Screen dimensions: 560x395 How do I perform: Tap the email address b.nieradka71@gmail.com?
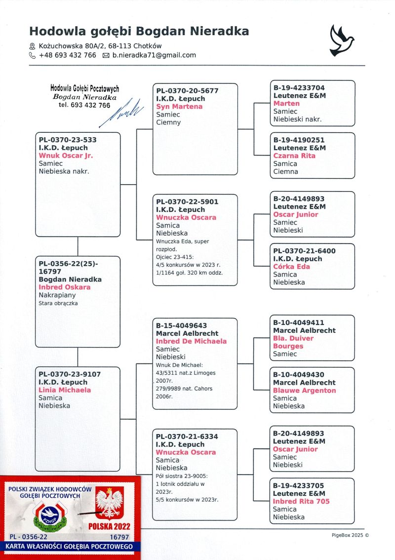[x=154, y=55]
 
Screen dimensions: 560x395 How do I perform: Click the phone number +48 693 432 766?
[x=67, y=55]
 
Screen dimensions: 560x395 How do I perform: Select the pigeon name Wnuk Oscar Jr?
[x=66, y=156]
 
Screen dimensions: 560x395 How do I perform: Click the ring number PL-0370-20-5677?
[x=187, y=91]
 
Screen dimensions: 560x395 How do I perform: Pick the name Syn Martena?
[x=179, y=107]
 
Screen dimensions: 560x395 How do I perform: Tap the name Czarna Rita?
[x=294, y=156]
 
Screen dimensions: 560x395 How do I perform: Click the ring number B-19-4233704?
[x=299, y=88]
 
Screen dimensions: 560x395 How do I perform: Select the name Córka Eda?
[x=292, y=267]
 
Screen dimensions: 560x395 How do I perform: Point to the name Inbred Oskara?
[x=65, y=287]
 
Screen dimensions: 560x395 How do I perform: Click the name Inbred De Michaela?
[x=191, y=341]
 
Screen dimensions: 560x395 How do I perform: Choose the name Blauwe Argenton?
[x=305, y=390]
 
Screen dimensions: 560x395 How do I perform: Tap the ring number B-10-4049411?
[x=299, y=322]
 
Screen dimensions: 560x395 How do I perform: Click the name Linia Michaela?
[x=65, y=390]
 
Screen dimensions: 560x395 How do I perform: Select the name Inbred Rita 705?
[x=301, y=501]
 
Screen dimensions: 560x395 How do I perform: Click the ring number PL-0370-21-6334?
[x=187, y=437]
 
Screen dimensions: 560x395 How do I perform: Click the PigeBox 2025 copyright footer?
[x=350, y=535]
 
